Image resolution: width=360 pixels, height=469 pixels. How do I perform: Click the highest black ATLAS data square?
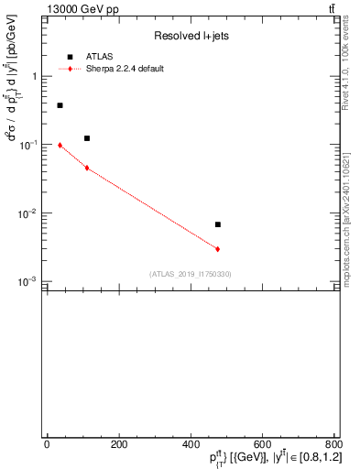click(x=60, y=105)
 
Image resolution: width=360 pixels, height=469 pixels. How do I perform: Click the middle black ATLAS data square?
click(x=87, y=138)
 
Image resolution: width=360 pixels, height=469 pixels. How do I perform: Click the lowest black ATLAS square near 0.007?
click(x=218, y=224)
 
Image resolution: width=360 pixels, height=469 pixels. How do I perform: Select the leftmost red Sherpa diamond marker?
click(x=60, y=145)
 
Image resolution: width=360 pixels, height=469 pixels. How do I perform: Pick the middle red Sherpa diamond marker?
click(x=87, y=168)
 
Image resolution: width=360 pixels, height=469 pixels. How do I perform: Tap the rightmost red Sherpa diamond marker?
click(x=218, y=249)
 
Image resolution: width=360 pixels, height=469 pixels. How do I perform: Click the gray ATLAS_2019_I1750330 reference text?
click(x=191, y=274)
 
